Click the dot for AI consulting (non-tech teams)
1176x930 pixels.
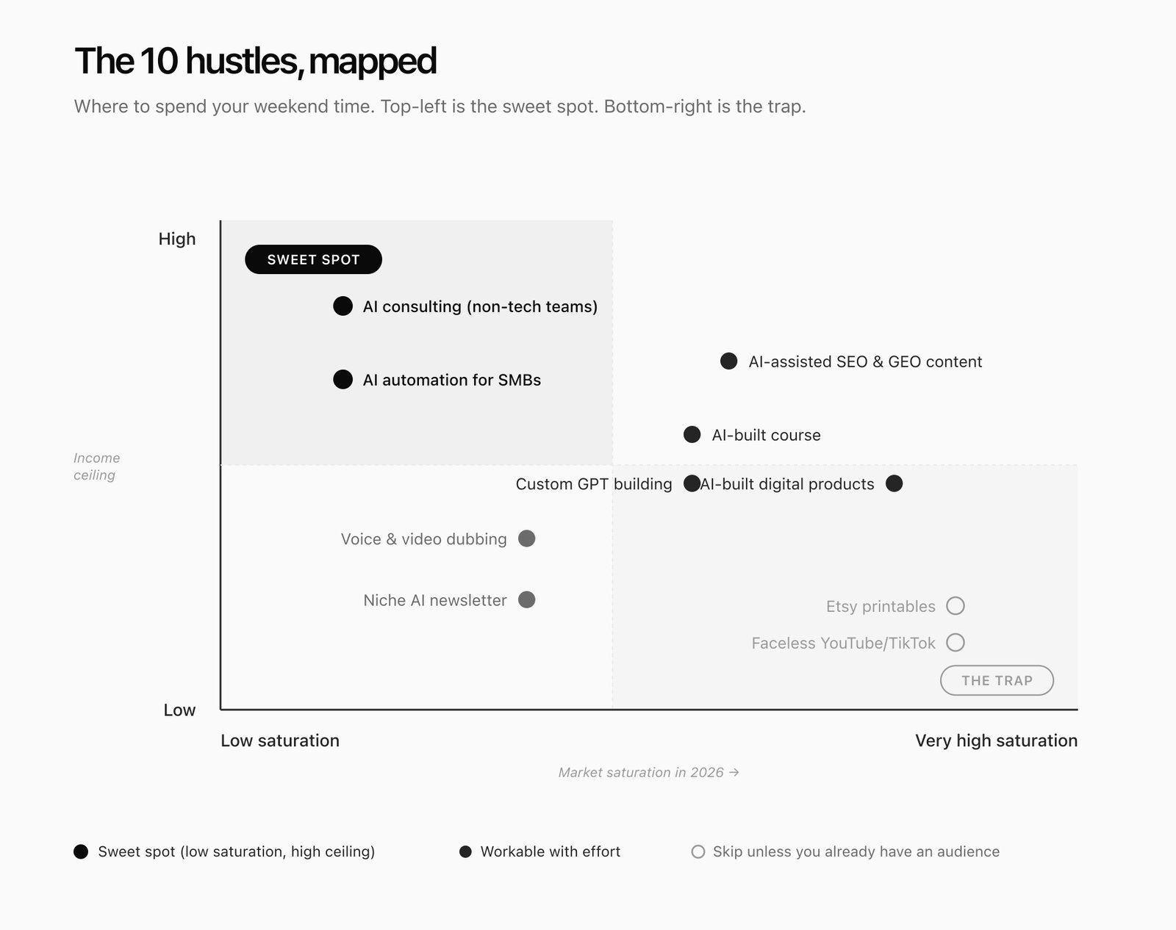click(x=343, y=306)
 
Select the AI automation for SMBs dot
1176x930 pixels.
click(x=343, y=380)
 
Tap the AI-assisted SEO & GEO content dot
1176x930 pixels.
click(x=728, y=361)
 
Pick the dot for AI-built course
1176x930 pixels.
click(x=692, y=435)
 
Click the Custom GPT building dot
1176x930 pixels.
click(x=691, y=483)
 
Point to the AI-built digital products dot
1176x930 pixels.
click(x=894, y=483)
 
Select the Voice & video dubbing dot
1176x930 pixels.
click(x=526, y=538)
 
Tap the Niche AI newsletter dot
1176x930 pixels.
click(x=526, y=600)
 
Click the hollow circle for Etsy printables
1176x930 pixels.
click(x=955, y=606)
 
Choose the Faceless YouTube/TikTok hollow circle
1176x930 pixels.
click(x=955, y=643)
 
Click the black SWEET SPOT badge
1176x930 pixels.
click(x=313, y=259)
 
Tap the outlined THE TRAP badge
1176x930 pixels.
click(x=997, y=680)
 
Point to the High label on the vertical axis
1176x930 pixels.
click(x=177, y=239)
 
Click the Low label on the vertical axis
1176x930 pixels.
click(x=179, y=710)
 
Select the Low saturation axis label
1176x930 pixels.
click(x=280, y=740)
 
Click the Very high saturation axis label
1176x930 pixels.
click(x=996, y=740)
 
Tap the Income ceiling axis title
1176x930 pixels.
click(x=96, y=466)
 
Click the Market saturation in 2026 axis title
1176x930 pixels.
click(x=648, y=772)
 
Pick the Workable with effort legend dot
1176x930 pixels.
click(x=465, y=851)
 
